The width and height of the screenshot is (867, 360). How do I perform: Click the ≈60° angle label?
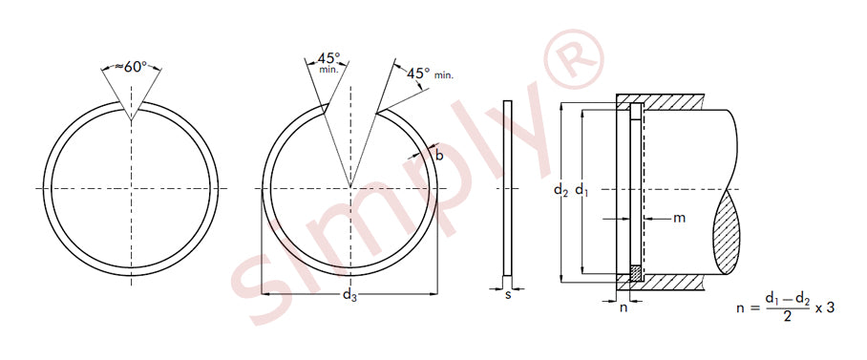click(131, 67)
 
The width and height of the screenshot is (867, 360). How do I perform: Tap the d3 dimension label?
click(349, 295)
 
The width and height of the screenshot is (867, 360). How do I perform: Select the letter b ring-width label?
click(439, 156)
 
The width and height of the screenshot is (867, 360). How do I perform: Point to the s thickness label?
click(508, 295)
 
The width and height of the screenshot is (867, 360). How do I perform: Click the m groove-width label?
click(679, 219)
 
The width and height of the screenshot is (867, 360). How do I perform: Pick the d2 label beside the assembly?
click(561, 191)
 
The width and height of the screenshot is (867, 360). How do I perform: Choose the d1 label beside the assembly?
click(582, 191)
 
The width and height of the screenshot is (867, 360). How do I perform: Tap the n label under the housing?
click(624, 308)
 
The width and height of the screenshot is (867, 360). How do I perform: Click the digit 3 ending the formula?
click(830, 308)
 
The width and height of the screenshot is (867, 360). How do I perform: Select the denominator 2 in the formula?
click(788, 317)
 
